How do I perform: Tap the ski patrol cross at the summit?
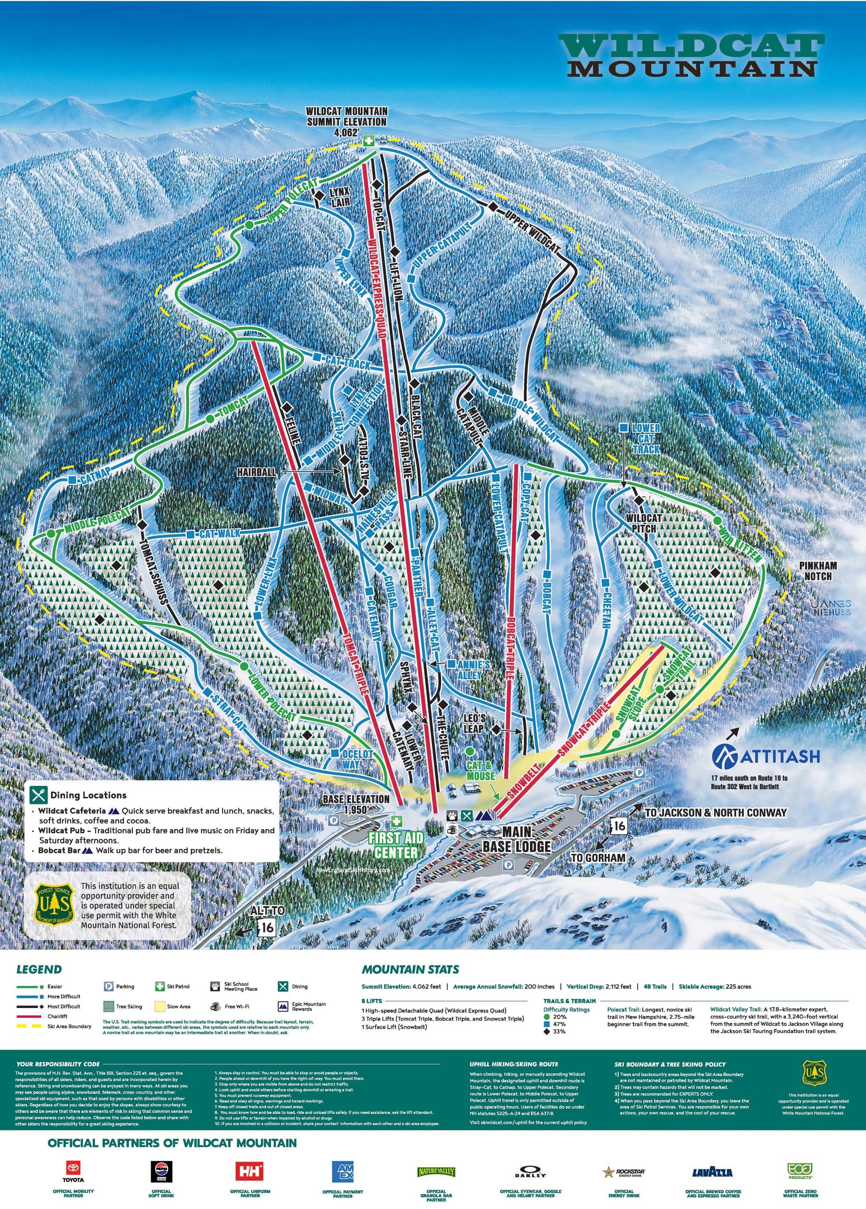[x=368, y=141]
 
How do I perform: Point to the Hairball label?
[x=257, y=472]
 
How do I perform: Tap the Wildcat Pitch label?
[x=643, y=522]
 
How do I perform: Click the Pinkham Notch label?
[x=818, y=570]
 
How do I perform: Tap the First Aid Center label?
[x=396, y=845]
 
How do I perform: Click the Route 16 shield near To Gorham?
[x=618, y=827]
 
